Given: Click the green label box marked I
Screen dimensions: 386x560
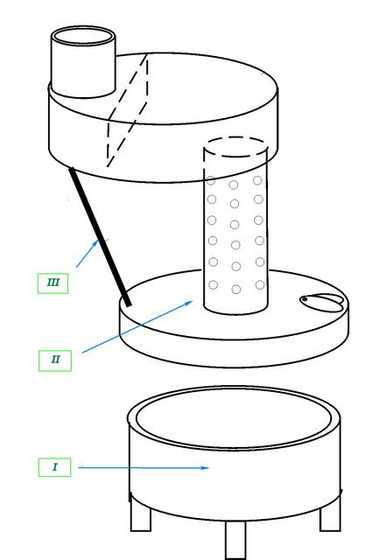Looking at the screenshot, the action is click(x=54, y=467).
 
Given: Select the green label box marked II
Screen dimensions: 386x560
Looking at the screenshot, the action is click(x=55, y=360).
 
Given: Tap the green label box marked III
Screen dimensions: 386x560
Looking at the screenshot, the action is click(x=53, y=283).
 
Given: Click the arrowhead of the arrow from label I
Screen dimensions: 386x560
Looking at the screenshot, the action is click(x=205, y=467).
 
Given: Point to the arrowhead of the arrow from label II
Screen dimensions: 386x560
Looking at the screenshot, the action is click(x=189, y=303).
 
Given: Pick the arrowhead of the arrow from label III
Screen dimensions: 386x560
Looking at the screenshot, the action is click(x=95, y=242).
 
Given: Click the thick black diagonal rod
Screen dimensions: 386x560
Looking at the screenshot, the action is click(x=100, y=237).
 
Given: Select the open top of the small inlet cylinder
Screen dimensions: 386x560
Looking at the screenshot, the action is click(x=83, y=36).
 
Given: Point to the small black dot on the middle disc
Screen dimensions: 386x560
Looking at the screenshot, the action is click(x=305, y=299).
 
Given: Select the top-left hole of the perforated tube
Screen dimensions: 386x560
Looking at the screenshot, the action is click(x=211, y=181).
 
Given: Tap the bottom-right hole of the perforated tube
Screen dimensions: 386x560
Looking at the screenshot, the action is click(x=260, y=284).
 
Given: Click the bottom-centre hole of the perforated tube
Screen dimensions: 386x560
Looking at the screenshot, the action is click(x=236, y=290).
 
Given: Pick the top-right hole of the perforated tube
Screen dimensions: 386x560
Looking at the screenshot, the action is click(x=257, y=181).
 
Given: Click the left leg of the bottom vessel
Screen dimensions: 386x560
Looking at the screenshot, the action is click(x=140, y=514).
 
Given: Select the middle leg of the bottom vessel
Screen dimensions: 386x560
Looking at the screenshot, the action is click(x=235, y=539).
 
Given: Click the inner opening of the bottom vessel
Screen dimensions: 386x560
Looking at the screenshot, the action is click(x=234, y=418).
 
